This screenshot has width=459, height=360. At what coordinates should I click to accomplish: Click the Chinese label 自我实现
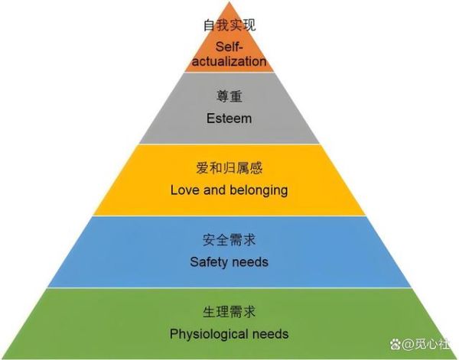229,25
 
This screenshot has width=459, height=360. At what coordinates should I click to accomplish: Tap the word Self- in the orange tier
229,47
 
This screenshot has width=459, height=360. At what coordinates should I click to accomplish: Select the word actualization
229,61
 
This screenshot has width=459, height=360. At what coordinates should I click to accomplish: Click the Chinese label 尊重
229,96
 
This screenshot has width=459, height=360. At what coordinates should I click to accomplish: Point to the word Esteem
229,118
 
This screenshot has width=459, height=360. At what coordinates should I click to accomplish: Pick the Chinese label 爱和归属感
229,168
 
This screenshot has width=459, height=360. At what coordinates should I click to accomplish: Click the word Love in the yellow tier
185,190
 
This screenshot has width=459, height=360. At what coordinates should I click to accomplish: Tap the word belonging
259,190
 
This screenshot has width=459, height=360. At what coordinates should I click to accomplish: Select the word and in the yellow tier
214,190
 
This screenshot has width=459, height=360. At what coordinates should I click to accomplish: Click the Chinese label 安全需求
229,240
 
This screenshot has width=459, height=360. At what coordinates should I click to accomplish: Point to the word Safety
207,262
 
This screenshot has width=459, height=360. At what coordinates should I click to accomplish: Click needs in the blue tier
249,261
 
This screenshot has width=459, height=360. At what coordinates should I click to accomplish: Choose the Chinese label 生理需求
229,312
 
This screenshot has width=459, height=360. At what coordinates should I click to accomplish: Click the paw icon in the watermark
396,344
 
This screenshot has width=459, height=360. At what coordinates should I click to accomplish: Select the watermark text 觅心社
432,344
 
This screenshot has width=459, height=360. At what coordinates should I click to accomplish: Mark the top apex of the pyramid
229,2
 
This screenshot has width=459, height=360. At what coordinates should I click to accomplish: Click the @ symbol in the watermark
408,344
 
